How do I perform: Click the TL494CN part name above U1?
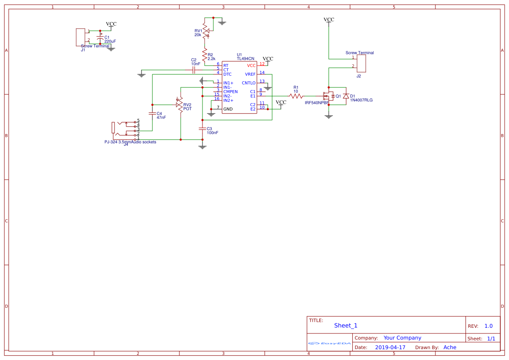(x=246, y=58)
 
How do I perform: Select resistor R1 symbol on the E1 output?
(x=296, y=96)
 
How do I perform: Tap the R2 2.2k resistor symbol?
(x=204, y=54)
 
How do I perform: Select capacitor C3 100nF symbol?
(x=202, y=128)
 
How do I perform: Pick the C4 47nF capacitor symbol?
(x=152, y=114)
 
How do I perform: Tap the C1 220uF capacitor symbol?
(x=100, y=40)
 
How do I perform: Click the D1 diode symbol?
(x=346, y=96)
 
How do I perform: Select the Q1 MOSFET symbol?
(x=327, y=96)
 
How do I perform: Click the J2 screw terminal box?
(x=361, y=64)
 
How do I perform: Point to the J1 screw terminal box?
(x=81, y=37)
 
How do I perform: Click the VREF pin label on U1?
(x=250, y=74)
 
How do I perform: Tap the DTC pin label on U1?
(x=227, y=74)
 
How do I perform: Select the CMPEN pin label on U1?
(x=230, y=91)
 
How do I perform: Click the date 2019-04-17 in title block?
(x=390, y=347)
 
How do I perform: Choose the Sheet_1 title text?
(x=346, y=326)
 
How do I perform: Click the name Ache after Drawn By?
(x=450, y=347)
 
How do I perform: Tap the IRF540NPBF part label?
(x=317, y=102)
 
